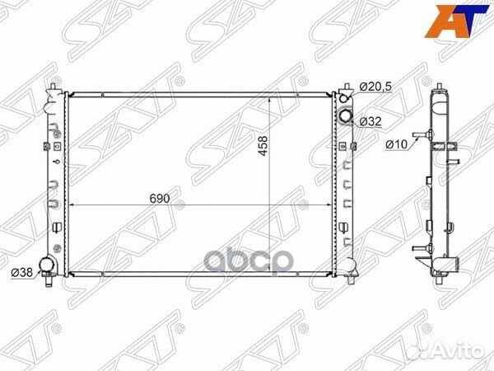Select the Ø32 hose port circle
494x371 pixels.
[x=347, y=117]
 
